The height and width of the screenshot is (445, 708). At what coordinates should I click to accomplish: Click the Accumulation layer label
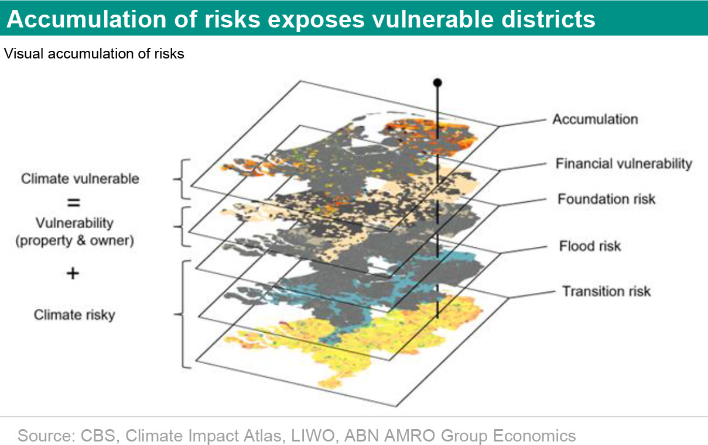point(595,119)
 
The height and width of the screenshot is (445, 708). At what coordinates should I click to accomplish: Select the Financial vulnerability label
point(624,164)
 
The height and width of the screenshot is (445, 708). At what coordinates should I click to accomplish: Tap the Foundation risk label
point(606,199)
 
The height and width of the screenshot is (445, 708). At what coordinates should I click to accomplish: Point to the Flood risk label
point(590,246)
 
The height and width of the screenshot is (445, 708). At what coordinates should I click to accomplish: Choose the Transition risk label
point(606,291)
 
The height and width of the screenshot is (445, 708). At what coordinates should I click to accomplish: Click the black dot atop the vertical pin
point(437,82)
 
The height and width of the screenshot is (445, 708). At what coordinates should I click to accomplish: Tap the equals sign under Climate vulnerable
point(74,202)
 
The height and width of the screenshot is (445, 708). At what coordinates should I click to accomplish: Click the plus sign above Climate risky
point(73,273)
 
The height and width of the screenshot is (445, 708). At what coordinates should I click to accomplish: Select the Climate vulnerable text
point(80,178)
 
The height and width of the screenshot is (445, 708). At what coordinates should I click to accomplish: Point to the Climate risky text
point(74,315)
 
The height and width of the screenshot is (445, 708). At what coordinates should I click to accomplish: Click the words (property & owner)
point(75,241)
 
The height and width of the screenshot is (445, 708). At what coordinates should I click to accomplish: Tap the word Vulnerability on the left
point(74,223)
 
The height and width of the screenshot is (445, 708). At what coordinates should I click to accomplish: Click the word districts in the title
point(548,19)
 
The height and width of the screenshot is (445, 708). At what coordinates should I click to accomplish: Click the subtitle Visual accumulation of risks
point(94,54)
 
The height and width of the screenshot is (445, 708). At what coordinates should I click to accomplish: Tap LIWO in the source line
point(313,436)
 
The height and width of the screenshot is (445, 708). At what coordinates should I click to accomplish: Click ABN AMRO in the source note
point(389,436)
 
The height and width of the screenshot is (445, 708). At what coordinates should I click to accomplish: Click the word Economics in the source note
point(534,436)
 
